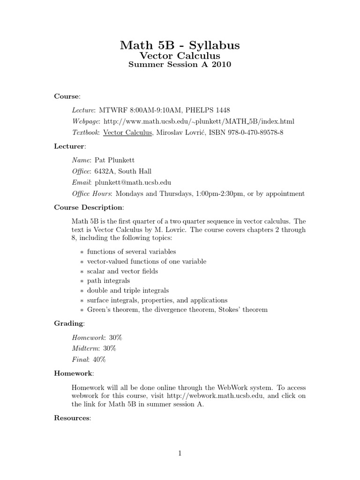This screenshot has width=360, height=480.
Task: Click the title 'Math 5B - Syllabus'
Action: point(180,45)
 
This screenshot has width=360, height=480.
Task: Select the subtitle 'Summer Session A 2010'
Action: point(180,65)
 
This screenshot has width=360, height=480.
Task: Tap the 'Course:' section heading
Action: point(67,96)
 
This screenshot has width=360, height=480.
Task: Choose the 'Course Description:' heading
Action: point(89,207)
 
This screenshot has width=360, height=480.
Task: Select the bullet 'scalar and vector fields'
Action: point(122,271)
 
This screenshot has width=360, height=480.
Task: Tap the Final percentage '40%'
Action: point(99,360)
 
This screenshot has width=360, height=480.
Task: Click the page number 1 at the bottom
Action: point(180,453)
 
